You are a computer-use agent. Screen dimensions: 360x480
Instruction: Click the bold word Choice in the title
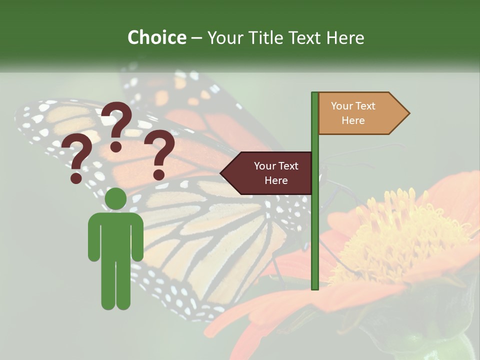[x=156, y=37]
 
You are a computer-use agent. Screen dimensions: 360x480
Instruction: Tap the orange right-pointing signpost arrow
[x=360, y=113]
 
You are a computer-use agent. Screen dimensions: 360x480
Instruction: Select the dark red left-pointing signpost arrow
[x=270, y=173]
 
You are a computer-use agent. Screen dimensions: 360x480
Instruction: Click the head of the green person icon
[x=115, y=199]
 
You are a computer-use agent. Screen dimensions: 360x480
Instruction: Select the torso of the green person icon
[x=115, y=235]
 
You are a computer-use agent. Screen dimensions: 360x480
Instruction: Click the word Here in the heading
[x=345, y=38]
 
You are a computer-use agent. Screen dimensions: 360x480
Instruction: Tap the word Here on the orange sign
[x=353, y=120]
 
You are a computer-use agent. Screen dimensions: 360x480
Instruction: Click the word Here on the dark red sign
[x=276, y=180]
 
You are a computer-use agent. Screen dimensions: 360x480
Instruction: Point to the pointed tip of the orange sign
[x=408, y=113]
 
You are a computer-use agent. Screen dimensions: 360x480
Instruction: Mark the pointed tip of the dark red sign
[x=221, y=173]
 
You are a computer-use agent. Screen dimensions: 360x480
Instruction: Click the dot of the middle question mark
[x=116, y=146]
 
